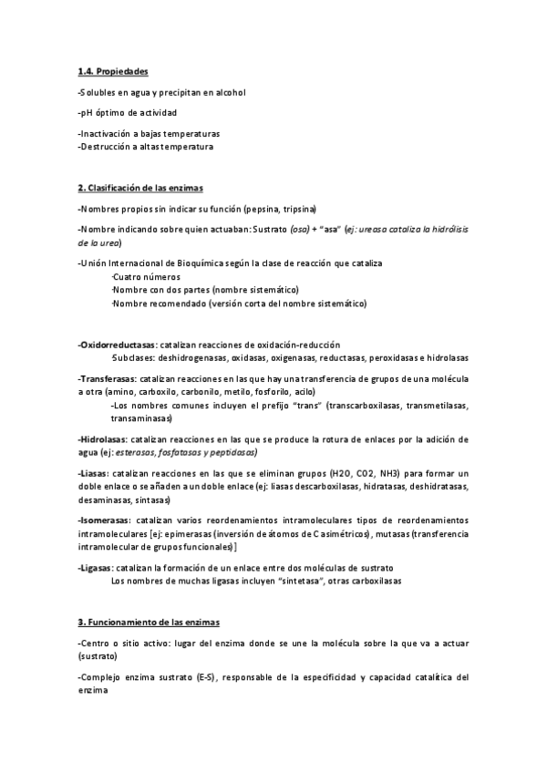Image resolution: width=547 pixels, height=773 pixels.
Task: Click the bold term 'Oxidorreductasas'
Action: [118, 345]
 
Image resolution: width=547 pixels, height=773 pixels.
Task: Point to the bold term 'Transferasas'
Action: [108, 377]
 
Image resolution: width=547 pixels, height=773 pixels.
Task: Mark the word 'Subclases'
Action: [131, 358]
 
